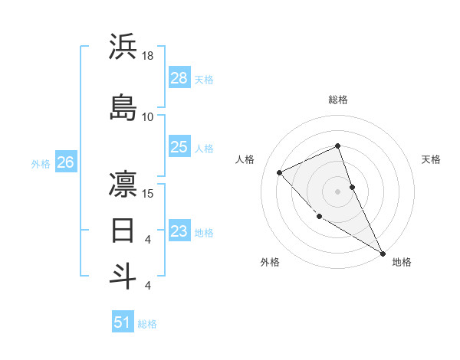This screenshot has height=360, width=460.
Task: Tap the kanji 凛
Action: (x=123, y=184)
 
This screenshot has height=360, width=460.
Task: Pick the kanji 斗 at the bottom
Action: (x=123, y=275)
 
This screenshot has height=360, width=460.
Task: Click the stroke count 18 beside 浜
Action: (x=148, y=56)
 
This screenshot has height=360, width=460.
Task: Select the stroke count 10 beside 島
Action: (x=148, y=117)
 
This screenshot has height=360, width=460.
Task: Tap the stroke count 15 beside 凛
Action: (x=148, y=194)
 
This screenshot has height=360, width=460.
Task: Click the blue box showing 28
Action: (x=179, y=77)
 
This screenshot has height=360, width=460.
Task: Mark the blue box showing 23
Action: (x=179, y=231)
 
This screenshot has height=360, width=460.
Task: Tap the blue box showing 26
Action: (x=65, y=162)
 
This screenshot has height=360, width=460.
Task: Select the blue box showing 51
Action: (x=123, y=322)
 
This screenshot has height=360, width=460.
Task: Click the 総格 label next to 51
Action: (x=147, y=324)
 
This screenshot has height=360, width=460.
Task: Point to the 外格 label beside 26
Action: (x=41, y=163)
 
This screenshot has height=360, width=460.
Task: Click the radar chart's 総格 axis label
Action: (x=338, y=100)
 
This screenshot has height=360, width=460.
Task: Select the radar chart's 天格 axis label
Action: (x=431, y=159)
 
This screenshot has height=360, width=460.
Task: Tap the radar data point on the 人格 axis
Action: (x=280, y=172)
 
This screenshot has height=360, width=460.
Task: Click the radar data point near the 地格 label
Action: (x=383, y=254)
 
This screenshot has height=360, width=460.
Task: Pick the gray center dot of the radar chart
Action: (x=338, y=191)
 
